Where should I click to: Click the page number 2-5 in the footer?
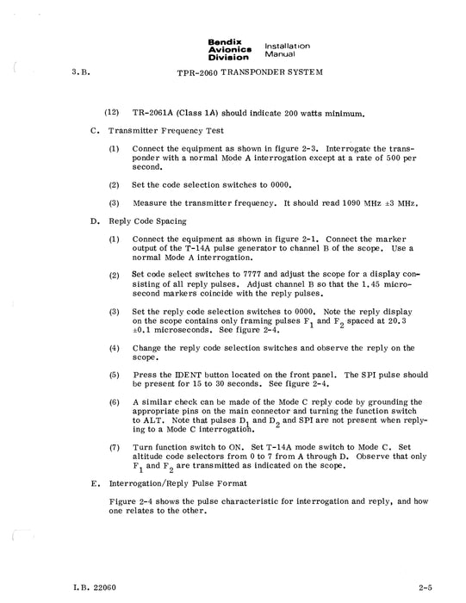420,588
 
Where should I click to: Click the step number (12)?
112,113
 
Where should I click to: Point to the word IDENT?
183,375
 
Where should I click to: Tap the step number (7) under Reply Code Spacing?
114,448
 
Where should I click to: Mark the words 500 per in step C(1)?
393,158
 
